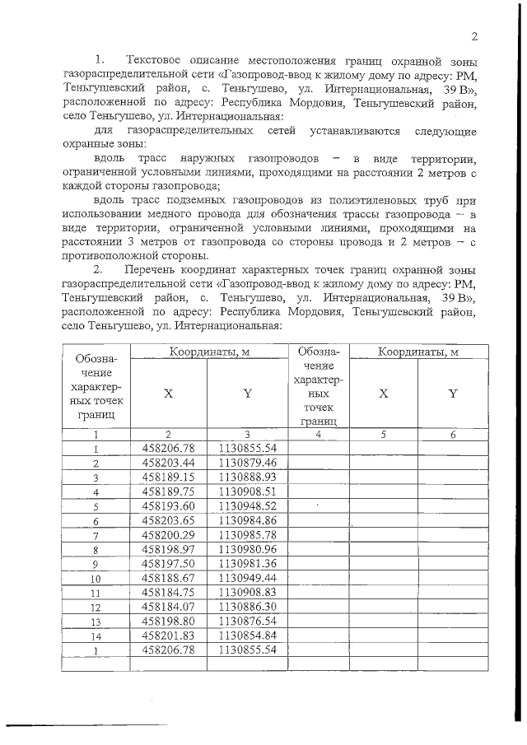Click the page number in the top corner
(475, 36)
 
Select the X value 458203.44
(168, 463)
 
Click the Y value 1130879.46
(247, 463)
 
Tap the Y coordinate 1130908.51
(247, 491)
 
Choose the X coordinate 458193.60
(168, 506)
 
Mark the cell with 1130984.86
(247, 520)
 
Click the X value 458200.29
(168, 535)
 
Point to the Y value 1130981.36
(247, 564)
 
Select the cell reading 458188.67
(168, 578)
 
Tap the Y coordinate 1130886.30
(247, 607)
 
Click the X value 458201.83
(168, 636)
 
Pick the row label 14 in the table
(96, 636)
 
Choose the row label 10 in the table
(96, 579)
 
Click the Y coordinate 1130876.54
(247, 622)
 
